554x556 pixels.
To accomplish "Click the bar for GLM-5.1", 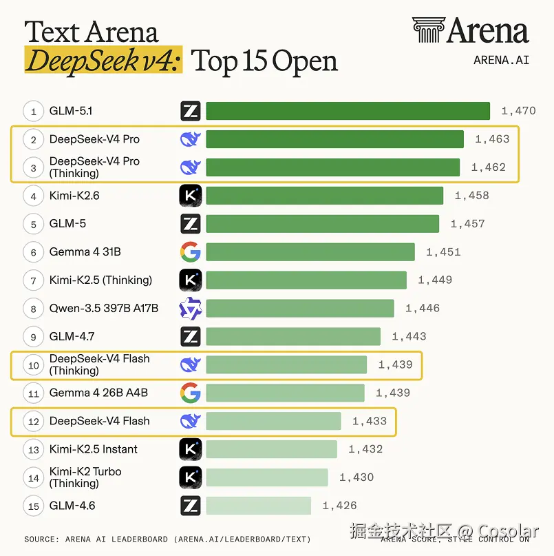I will (x=348, y=111).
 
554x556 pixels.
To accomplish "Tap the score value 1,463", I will (x=492, y=139).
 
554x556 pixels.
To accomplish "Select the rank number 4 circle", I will (x=33, y=196).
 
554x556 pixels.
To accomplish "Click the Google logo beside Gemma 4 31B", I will (x=191, y=251).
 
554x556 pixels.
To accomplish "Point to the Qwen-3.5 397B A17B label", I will (x=103, y=308).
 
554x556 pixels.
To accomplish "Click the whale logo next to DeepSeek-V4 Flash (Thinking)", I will (x=191, y=364).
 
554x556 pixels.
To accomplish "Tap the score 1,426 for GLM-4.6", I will (x=340, y=506).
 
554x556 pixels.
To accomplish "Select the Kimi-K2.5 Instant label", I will (x=93, y=449).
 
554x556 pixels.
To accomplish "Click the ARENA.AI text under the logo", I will (x=502, y=60).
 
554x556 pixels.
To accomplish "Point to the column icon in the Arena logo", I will (x=428, y=30).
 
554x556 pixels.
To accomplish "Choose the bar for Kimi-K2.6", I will (x=325, y=196).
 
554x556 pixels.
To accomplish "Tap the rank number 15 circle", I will (x=33, y=506).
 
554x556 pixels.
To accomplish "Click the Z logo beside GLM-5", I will (x=191, y=224).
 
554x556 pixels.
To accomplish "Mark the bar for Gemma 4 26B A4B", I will (x=285, y=393).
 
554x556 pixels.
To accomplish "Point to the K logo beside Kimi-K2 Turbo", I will (x=191, y=477).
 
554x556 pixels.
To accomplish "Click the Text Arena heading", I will (x=92, y=32).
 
